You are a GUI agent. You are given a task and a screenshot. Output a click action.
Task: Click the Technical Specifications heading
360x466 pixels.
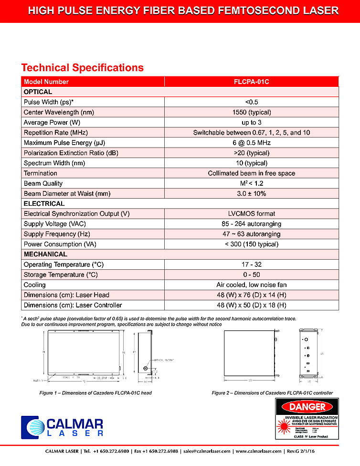[x=82, y=68]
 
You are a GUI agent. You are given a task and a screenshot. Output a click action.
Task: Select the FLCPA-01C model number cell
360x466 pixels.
[x=252, y=82]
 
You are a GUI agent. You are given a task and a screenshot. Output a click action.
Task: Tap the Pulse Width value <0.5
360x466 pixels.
[x=252, y=102]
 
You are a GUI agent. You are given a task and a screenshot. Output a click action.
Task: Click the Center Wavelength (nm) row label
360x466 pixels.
[x=59, y=112]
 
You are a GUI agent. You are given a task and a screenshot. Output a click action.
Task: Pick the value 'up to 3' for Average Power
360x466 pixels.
[x=252, y=122]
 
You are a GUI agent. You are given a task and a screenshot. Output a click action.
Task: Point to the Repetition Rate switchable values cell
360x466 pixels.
[x=252, y=133]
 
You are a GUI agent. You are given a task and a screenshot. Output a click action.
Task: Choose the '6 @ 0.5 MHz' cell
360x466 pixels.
[x=252, y=143]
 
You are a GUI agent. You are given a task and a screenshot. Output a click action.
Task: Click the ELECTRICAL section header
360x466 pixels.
[x=44, y=204]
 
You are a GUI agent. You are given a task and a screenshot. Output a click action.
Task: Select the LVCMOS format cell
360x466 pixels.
[x=252, y=214]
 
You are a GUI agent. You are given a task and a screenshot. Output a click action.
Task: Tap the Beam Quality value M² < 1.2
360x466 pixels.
[x=252, y=183]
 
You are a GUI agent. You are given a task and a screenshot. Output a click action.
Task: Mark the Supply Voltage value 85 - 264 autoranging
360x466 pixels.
[x=252, y=224]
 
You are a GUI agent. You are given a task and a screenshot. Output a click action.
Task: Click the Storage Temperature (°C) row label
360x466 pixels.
[x=61, y=275]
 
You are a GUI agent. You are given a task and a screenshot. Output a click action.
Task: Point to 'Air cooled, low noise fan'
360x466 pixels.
[x=252, y=285]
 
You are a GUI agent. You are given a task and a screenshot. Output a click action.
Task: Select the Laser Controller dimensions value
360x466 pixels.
[x=252, y=305]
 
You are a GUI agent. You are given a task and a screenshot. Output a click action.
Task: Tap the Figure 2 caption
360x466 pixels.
[x=272, y=393]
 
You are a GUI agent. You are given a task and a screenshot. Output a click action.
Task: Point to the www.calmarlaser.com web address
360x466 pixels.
[x=258, y=451]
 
